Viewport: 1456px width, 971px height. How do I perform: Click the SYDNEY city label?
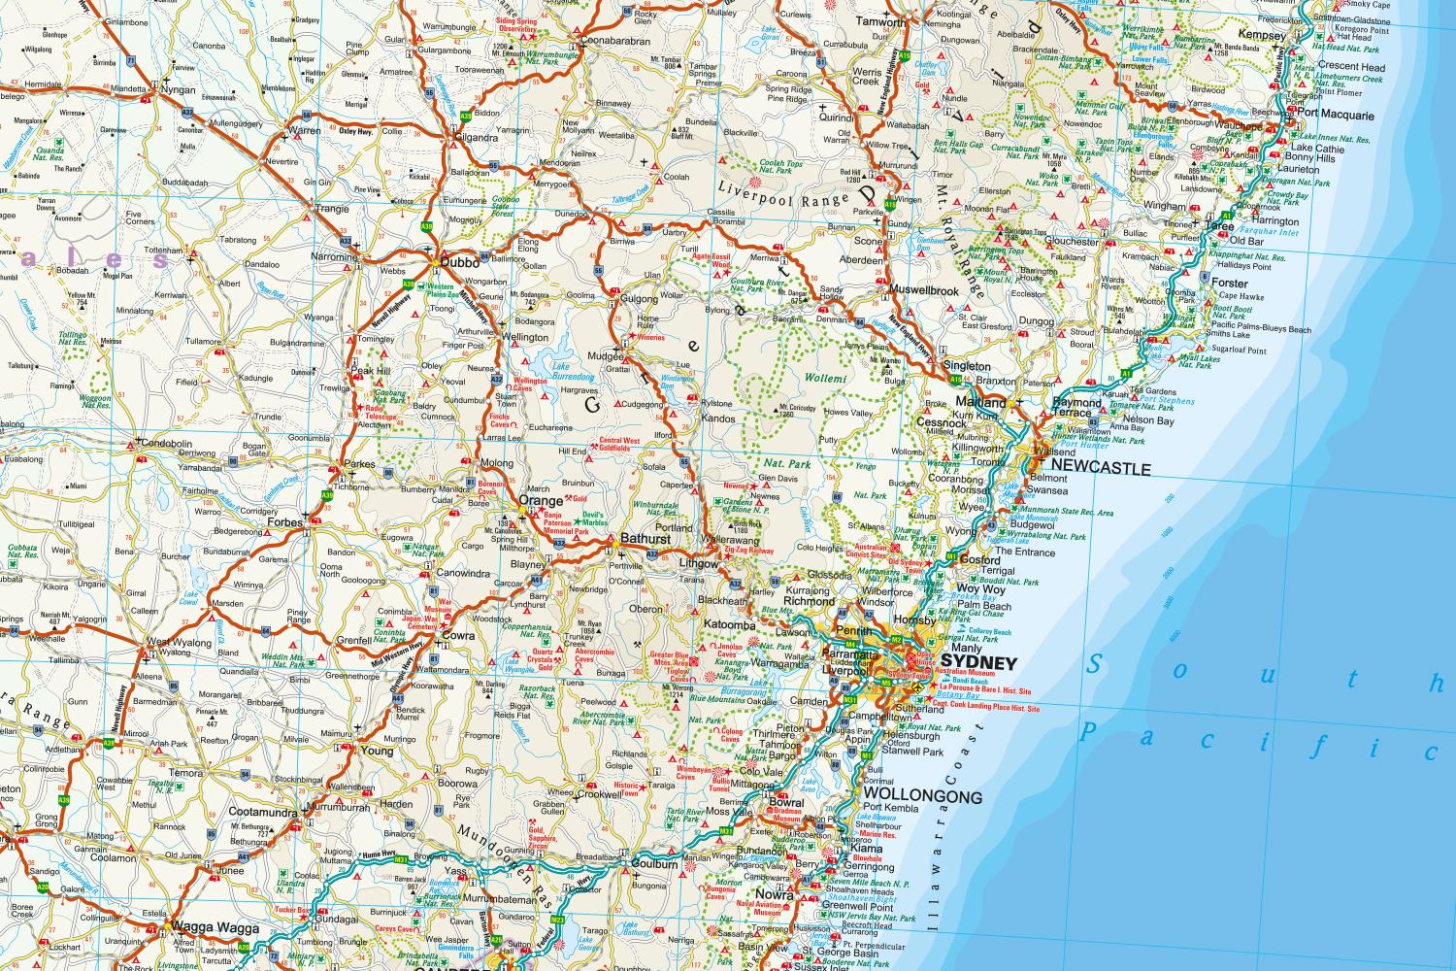pyautogui.click(x=982, y=664)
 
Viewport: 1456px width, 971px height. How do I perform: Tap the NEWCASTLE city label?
pyautogui.click(x=1100, y=469)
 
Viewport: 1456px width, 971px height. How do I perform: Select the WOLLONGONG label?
pyautogui.click(x=922, y=795)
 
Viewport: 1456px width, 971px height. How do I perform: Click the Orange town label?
pyautogui.click(x=541, y=501)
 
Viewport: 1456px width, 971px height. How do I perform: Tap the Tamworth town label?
pyautogui.click(x=880, y=22)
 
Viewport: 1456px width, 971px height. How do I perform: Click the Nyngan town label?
pyautogui.click(x=180, y=90)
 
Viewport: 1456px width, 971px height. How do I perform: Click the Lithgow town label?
pyautogui.click(x=698, y=562)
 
